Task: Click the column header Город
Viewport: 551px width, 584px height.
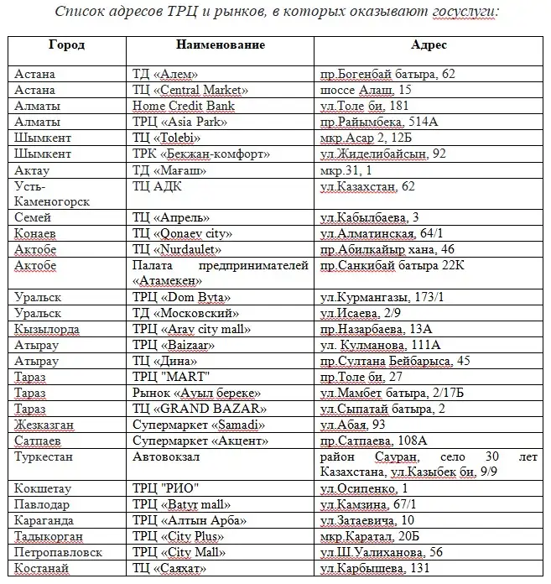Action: (x=66, y=44)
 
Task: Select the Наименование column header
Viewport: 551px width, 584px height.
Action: (x=221, y=44)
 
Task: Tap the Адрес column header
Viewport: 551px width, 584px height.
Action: (x=429, y=44)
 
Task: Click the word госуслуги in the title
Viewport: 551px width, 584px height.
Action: (x=462, y=13)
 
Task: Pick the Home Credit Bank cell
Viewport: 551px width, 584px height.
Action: (x=184, y=106)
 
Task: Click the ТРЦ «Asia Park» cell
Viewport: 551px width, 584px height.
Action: (x=179, y=122)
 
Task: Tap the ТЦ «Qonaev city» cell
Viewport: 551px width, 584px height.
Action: (x=182, y=233)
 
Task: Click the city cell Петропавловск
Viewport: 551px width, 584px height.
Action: (x=58, y=552)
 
